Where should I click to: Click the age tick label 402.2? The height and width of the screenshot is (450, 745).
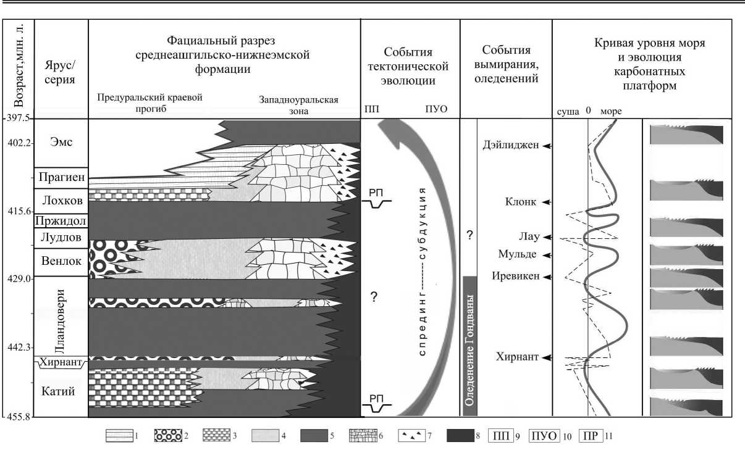point(17,143)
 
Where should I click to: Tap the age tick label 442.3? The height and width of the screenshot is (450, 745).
point(17,348)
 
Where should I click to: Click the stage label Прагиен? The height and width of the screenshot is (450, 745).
point(61,177)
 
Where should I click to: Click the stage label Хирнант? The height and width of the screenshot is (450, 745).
point(61,364)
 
